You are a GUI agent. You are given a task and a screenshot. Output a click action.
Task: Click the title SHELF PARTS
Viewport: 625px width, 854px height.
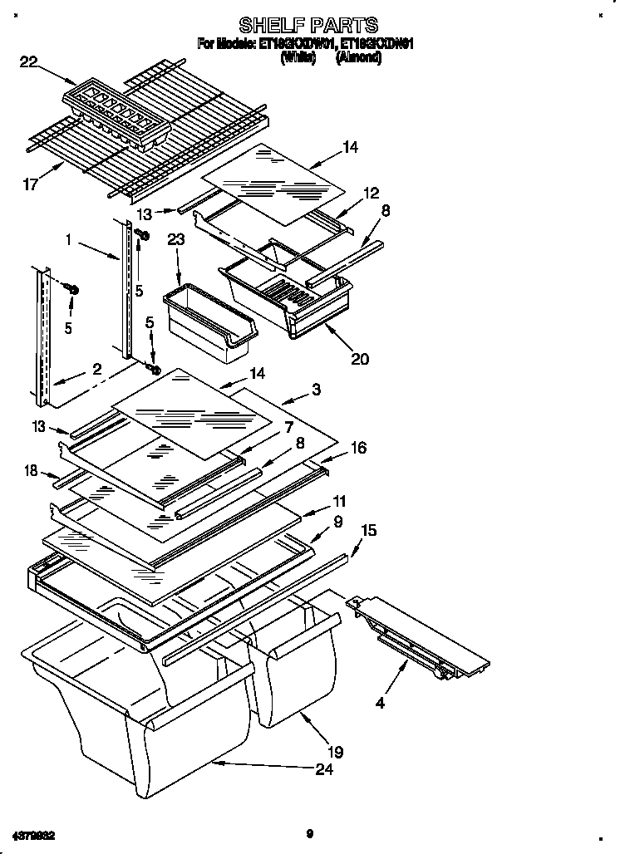pyautogui.click(x=308, y=25)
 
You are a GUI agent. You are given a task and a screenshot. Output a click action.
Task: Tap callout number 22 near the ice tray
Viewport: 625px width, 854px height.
pyautogui.click(x=29, y=60)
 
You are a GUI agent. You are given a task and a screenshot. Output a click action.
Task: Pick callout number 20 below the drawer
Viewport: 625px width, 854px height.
pyautogui.click(x=359, y=359)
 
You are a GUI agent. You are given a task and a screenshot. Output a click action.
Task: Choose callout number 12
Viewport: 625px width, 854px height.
pyautogui.click(x=370, y=193)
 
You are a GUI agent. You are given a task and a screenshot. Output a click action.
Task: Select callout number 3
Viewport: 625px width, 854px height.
pyautogui.click(x=317, y=389)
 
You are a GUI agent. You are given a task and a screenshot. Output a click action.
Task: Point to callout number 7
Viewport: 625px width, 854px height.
pyautogui.click(x=288, y=427)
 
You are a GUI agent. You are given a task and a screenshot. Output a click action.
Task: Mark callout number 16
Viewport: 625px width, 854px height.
pyautogui.click(x=358, y=448)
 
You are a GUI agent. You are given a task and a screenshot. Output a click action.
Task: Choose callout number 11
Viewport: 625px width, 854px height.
pyautogui.click(x=339, y=502)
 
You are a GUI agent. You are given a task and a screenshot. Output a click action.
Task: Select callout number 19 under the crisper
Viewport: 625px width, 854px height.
pyautogui.click(x=336, y=753)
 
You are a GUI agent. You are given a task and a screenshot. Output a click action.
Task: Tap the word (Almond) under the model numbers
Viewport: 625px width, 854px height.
pyautogui.click(x=358, y=59)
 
